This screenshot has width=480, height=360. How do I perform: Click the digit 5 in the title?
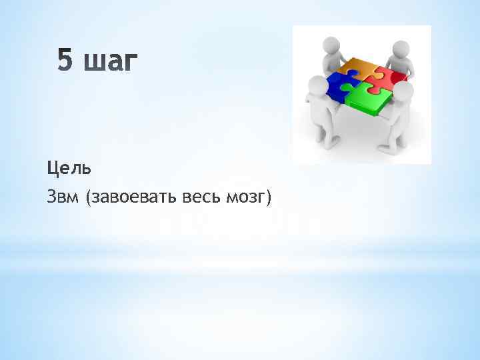click(64, 61)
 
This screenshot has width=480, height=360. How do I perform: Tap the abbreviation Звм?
click(62, 197)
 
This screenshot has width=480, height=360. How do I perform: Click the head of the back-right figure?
click(400, 48)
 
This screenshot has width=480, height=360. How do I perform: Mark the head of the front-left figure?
click(317, 85)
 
